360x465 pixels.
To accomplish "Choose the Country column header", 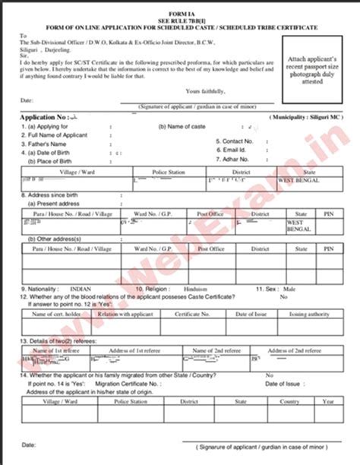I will pyautogui.click(x=289, y=400).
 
